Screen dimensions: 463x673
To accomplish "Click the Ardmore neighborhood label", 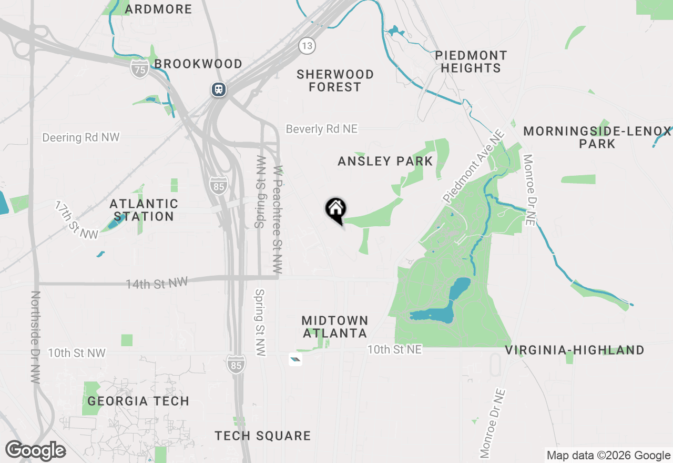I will [159, 9].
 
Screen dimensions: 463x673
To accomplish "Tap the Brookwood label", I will [198, 64].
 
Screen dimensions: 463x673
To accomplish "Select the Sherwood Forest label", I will [335, 80].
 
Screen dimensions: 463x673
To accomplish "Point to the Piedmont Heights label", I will [471, 62].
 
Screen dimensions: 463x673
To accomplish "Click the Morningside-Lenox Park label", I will [597, 137].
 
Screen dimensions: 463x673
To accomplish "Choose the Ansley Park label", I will [385, 161].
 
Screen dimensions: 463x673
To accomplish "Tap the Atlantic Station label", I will [144, 209].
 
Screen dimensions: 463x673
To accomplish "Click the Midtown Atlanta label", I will [335, 327].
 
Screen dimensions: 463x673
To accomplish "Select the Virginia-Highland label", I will [575, 350].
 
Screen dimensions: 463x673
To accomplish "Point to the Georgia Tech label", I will [138, 401].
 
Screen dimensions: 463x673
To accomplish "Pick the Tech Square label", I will [263, 436].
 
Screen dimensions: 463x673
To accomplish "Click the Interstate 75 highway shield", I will [139, 68].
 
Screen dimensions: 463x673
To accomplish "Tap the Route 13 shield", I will [307, 45].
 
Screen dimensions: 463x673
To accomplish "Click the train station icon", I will [218, 89].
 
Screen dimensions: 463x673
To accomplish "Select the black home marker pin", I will [335, 209].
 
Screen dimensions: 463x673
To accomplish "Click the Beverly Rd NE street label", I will [321, 129].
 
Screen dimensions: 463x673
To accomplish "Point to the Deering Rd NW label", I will [81, 137].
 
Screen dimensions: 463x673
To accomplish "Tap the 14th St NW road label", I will [156, 284].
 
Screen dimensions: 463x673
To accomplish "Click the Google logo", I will [36, 451].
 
